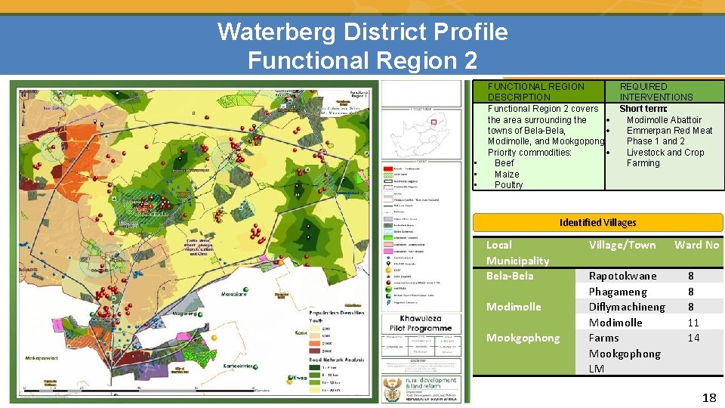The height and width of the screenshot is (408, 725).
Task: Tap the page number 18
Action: [709, 397]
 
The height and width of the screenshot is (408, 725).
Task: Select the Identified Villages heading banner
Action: [597, 223]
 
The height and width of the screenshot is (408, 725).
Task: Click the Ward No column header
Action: [696, 245]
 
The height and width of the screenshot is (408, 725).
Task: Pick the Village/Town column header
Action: [622, 245]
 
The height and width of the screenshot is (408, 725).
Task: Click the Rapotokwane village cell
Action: [623, 277]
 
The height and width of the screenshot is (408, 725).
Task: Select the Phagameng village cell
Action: [618, 292]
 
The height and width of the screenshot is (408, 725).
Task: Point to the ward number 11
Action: [693, 323]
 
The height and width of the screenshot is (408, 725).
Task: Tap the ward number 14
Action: [693, 338]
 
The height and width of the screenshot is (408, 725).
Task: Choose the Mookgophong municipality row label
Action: [523, 338]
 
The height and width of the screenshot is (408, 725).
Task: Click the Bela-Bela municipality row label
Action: [510, 276]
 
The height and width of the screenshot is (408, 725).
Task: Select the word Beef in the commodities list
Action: [504, 163]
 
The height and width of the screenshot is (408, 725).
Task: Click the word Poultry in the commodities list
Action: [508, 185]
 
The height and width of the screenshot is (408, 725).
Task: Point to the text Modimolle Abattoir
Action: [664, 119]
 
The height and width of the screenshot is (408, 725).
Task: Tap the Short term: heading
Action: [643, 109]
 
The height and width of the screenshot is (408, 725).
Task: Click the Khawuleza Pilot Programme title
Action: [421, 323]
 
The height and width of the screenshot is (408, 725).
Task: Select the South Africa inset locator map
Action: [421, 133]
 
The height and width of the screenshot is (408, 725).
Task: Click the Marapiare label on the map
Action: [233, 294]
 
